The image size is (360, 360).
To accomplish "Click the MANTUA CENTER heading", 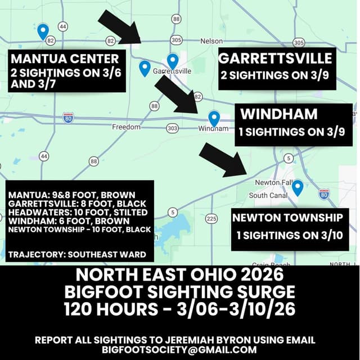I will (65, 58).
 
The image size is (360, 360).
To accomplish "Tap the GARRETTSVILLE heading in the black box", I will (275, 58).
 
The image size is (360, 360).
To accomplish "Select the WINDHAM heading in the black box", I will (279, 114).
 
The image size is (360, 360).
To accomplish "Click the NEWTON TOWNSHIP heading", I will (290, 218).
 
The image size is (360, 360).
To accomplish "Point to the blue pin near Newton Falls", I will (297, 187).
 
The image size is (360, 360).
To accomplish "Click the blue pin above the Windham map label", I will (214, 118).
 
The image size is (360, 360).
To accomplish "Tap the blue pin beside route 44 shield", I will (43, 31).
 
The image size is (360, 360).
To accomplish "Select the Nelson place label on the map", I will (211, 41).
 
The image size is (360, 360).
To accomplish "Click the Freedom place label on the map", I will (126, 127).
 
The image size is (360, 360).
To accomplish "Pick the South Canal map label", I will (268, 195).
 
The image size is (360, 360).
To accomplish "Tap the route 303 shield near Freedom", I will (173, 128).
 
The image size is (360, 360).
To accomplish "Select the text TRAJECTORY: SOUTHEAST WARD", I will (77, 254).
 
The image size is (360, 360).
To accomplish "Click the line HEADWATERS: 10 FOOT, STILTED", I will (77, 212).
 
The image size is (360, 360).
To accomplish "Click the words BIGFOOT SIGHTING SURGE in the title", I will (180, 292).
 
